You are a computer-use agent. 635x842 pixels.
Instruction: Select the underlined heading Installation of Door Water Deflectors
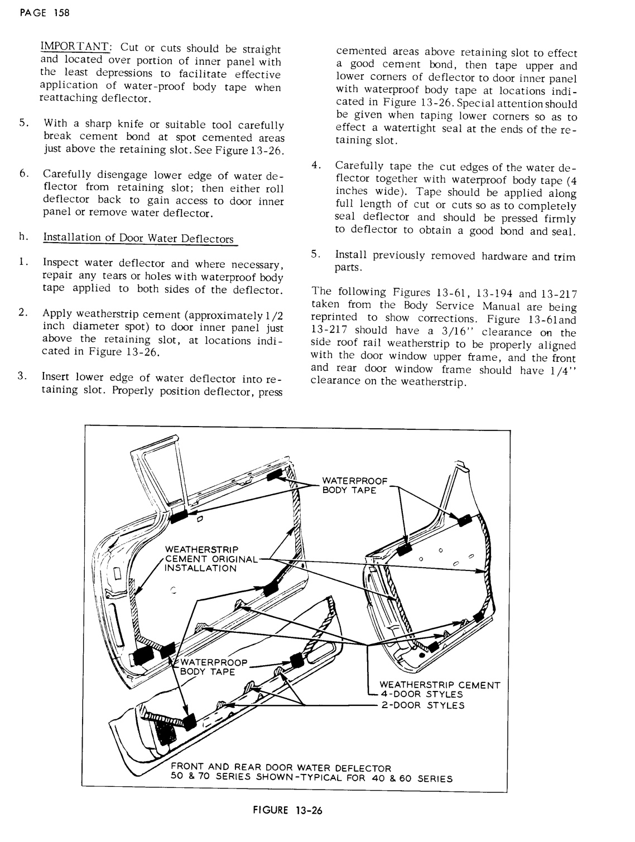point(138,239)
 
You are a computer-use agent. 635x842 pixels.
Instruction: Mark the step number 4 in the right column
point(316,166)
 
